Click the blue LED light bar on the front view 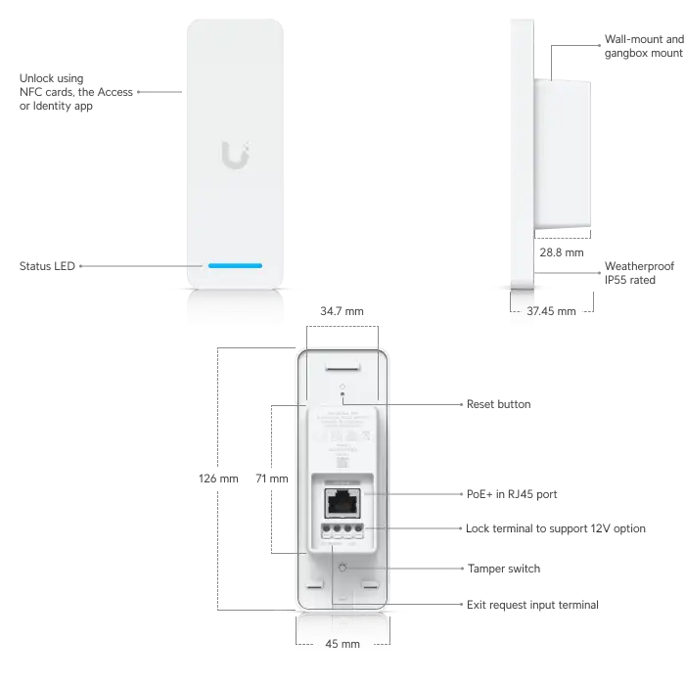coord(234,265)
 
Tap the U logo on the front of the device coord(234,155)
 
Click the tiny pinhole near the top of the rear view coord(342,388)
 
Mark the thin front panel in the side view coord(524,147)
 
